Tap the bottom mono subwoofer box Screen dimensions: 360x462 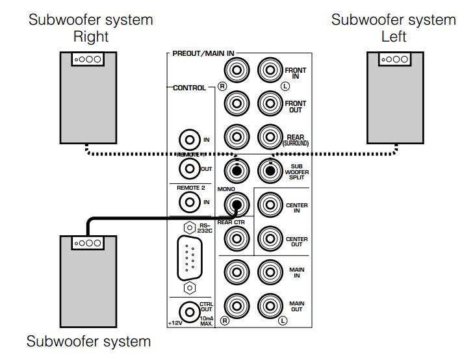click(x=88, y=281)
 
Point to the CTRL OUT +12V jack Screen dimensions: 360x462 click(x=190, y=311)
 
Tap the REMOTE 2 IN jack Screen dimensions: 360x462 click(x=190, y=202)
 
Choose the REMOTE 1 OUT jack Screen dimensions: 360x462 click(x=190, y=169)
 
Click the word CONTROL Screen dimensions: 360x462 click(x=189, y=87)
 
